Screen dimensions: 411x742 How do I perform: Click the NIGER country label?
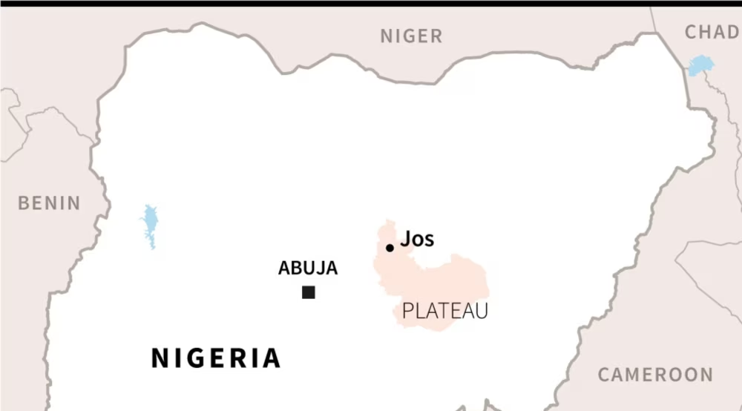tap(411, 36)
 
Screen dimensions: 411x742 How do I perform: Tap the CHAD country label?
tap(712, 32)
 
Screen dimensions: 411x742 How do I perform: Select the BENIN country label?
tap(49, 203)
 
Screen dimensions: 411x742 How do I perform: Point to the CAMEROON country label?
tap(655, 375)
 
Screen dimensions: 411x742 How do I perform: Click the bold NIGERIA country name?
tap(216, 358)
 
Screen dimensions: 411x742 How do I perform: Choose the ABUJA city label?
tap(308, 269)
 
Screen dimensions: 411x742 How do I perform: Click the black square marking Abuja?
tap(309, 292)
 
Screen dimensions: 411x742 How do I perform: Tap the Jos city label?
tap(417, 240)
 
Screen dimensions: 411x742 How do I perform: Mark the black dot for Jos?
tap(390, 248)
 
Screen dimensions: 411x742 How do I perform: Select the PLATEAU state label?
tap(445, 312)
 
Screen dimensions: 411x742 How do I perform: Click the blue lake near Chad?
tap(700, 65)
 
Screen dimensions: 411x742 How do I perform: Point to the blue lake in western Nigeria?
tap(151, 225)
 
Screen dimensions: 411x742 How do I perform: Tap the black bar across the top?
tap(371, 3)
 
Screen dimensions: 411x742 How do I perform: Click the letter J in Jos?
tap(405, 240)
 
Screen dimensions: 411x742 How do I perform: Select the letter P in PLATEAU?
tap(407, 312)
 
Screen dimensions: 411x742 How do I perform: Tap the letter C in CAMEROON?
tap(604, 375)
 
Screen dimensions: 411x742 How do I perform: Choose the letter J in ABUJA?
tap(316, 269)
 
